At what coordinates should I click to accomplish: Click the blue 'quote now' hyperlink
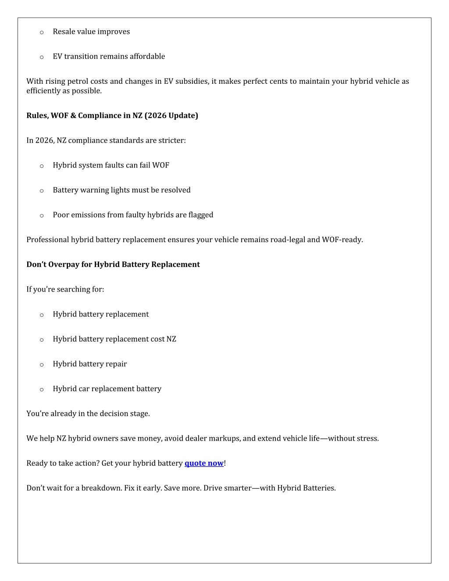[204, 463]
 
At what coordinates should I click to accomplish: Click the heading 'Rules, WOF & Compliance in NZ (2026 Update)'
[112, 115]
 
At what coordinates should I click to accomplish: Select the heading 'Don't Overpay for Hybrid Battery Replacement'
[113, 264]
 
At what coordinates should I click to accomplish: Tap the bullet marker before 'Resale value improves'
[42, 32]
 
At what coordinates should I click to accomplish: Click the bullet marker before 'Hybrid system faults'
[42, 166]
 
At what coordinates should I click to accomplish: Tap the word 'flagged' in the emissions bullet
[201, 215]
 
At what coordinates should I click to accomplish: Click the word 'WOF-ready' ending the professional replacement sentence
[342, 239]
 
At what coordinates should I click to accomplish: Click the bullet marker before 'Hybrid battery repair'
[42, 364]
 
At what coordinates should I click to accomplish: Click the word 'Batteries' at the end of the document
[317, 488]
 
